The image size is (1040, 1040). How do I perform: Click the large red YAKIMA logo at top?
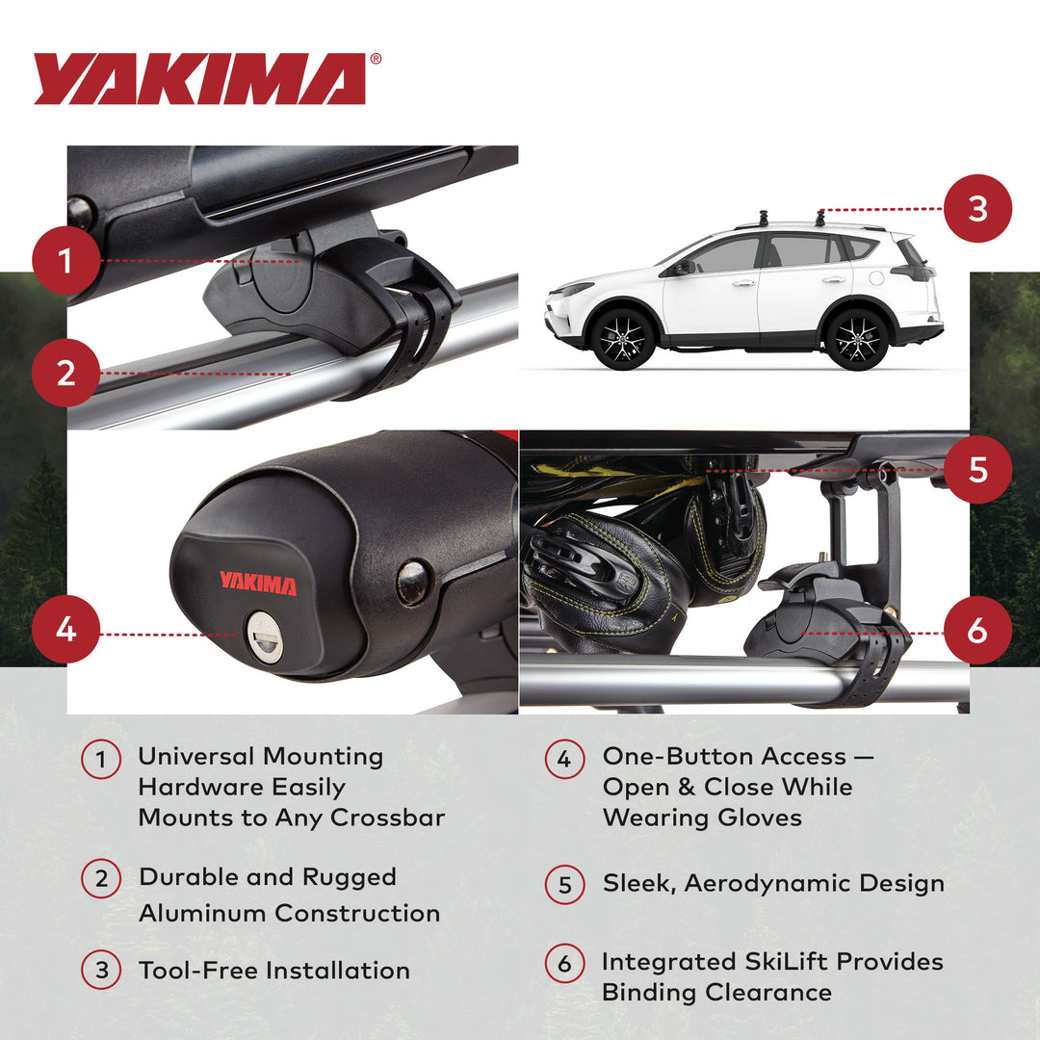click(200, 78)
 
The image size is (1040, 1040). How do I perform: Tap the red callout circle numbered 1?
click(65, 260)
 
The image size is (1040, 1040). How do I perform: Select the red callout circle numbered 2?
click(65, 373)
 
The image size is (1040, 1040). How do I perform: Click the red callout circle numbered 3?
click(977, 208)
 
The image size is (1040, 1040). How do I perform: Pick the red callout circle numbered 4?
click(65, 630)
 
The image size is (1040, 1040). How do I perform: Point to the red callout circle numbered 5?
click(977, 470)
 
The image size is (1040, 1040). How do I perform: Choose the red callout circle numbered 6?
click(977, 632)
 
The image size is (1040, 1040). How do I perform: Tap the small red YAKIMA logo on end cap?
click(257, 582)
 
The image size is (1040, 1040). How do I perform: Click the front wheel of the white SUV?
click(623, 338)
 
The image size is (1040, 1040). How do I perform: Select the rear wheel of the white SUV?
click(856, 337)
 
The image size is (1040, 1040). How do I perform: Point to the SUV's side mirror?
click(682, 266)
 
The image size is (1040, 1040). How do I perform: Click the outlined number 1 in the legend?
click(101, 760)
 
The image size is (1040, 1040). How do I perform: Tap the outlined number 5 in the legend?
click(565, 885)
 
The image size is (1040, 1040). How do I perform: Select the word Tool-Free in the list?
click(197, 971)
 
